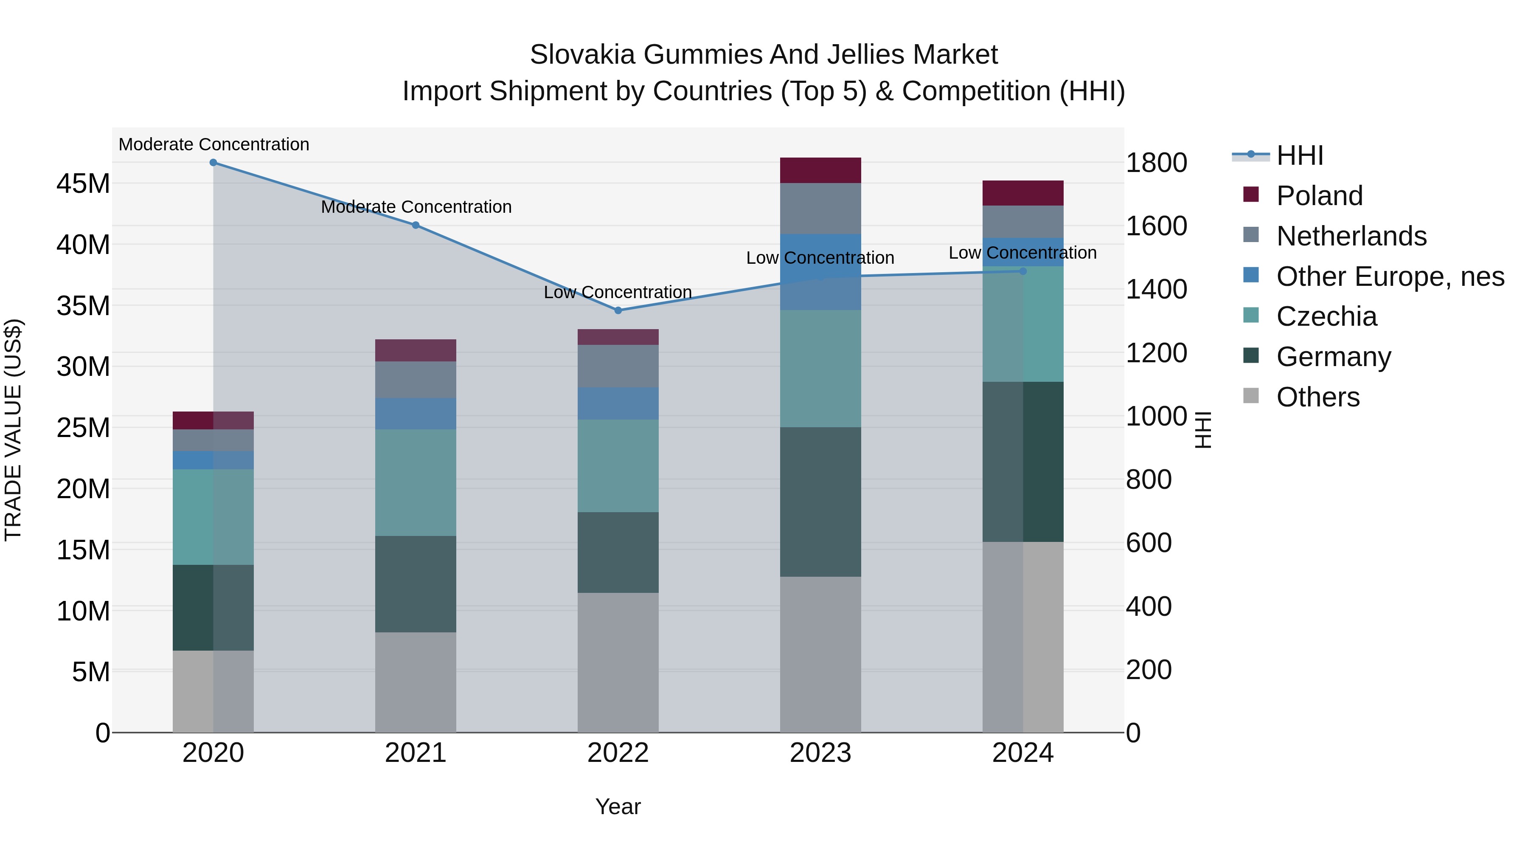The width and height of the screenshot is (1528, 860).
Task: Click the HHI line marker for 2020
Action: point(213,163)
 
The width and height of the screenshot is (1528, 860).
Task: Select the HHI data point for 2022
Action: point(618,310)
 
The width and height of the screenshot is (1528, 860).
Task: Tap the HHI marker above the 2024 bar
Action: point(1022,271)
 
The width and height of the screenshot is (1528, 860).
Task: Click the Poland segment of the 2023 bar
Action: point(820,170)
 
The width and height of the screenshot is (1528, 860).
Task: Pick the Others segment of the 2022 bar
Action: point(618,663)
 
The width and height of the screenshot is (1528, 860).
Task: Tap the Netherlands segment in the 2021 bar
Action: point(415,380)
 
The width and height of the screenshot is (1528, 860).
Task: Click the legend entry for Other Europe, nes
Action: point(1390,276)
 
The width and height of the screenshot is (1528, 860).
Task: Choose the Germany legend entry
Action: point(1334,357)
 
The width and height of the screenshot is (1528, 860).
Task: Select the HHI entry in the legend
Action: point(1299,155)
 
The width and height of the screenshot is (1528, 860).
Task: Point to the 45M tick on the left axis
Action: point(83,184)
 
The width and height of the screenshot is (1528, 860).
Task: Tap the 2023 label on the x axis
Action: point(820,753)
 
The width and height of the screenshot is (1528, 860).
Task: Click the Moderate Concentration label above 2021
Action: point(416,207)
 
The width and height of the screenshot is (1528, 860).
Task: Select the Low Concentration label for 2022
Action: point(618,293)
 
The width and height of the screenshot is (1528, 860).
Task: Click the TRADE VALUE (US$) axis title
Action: point(13,430)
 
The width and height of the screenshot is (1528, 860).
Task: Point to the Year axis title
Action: point(618,806)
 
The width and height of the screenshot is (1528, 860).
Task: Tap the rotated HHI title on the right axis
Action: point(1202,430)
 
